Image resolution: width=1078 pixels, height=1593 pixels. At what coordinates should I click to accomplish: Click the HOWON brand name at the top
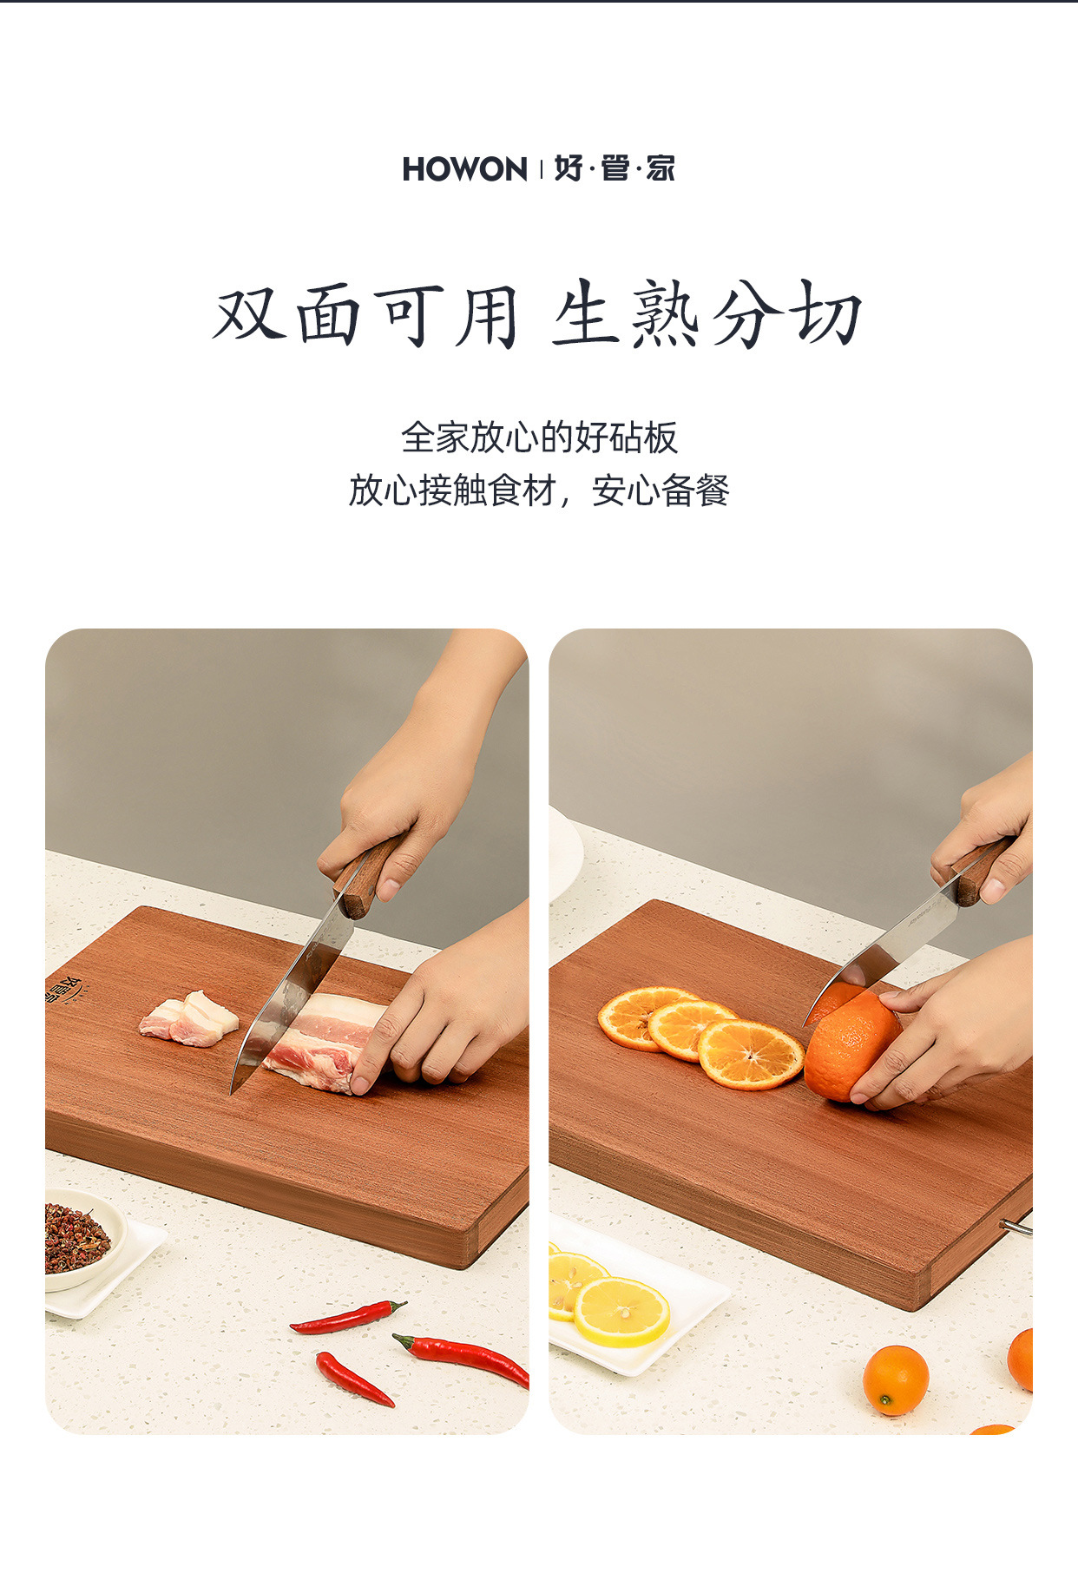click(464, 169)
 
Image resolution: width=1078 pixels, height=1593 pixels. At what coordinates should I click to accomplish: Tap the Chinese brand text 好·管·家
click(615, 168)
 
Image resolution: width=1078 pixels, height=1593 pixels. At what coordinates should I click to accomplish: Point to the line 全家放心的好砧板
click(539, 438)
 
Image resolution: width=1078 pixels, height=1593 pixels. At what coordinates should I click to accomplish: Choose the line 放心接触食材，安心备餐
click(539, 490)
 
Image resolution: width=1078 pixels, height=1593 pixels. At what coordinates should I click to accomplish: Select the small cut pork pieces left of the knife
click(189, 1018)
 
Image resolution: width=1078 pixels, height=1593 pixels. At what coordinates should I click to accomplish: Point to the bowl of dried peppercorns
click(78, 1237)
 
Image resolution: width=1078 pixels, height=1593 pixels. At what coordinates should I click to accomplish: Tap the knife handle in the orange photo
click(982, 872)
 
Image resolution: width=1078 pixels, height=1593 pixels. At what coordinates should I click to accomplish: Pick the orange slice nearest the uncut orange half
click(751, 1054)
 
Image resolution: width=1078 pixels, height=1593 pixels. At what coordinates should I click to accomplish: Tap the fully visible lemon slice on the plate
click(621, 1312)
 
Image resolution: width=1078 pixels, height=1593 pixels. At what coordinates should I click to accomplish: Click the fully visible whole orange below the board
click(895, 1379)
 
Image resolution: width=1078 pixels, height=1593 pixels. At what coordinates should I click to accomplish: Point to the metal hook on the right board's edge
click(1016, 1227)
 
